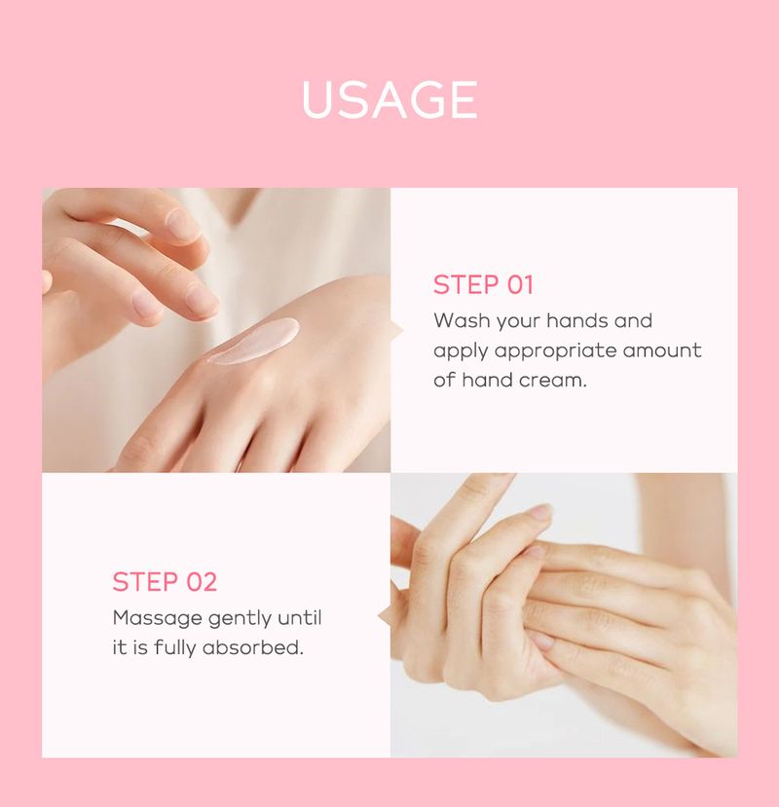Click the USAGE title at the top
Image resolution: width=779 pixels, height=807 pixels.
(x=389, y=100)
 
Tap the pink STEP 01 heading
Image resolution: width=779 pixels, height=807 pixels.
(x=484, y=285)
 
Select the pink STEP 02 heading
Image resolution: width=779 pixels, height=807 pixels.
(x=165, y=582)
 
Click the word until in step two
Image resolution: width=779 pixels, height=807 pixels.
(x=300, y=618)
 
